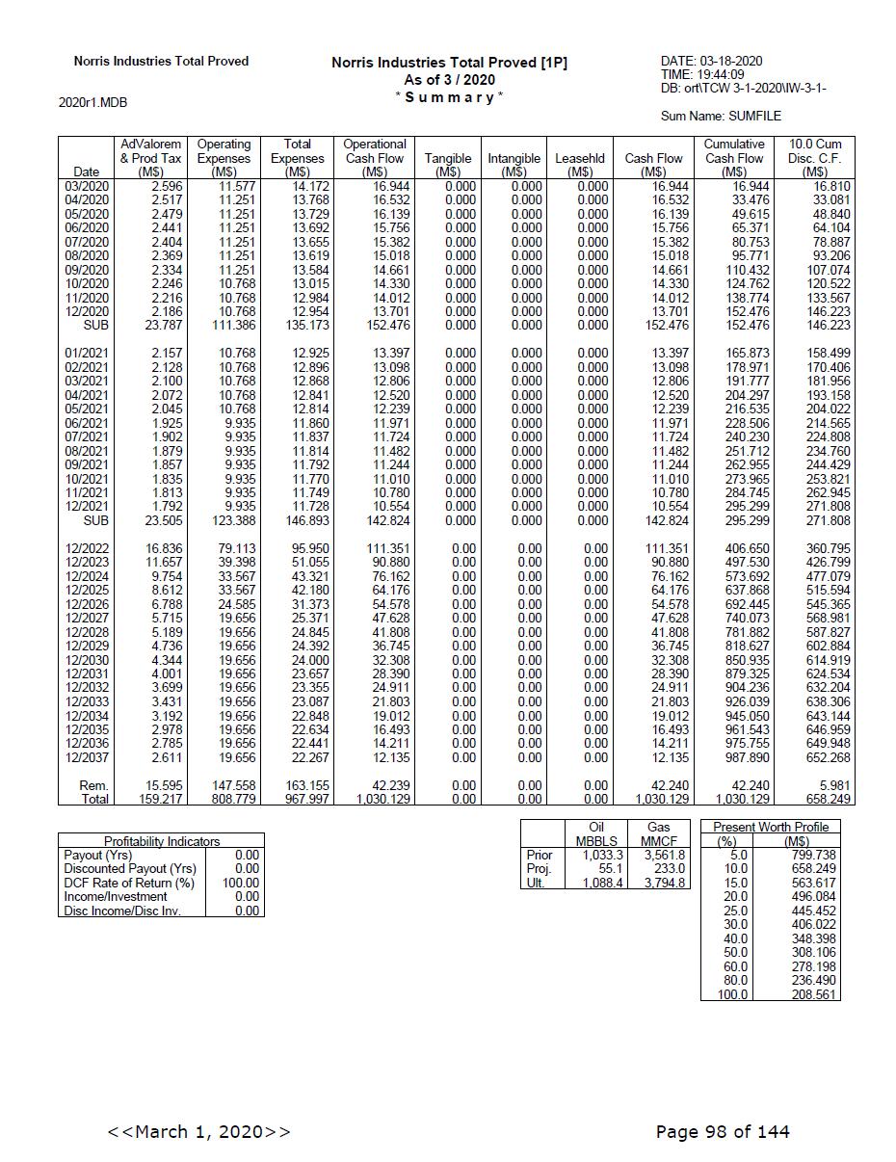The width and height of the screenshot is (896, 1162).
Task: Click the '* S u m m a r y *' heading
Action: point(449,97)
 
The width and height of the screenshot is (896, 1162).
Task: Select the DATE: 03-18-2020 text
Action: point(711,62)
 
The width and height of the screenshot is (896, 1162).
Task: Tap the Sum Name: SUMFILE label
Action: point(721,117)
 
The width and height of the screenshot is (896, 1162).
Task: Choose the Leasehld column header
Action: point(580,158)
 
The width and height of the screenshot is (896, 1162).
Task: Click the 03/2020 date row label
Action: point(87,186)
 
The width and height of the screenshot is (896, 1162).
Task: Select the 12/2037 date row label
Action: point(87,758)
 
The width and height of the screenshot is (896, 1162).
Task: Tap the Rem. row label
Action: point(93,786)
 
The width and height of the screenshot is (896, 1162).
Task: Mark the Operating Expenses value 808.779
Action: point(231,800)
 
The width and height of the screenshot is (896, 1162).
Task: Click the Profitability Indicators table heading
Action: point(162,841)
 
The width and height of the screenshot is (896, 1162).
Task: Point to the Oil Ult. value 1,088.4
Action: point(603,883)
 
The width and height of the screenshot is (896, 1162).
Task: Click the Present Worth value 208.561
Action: point(813,994)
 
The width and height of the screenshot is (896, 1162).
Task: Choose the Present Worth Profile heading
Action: point(770,827)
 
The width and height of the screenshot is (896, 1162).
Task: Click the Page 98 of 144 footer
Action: point(723,1131)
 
